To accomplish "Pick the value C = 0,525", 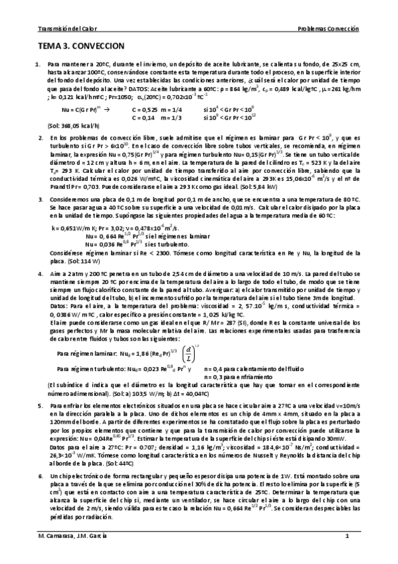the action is point(144,108).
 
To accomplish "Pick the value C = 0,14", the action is point(142,116).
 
